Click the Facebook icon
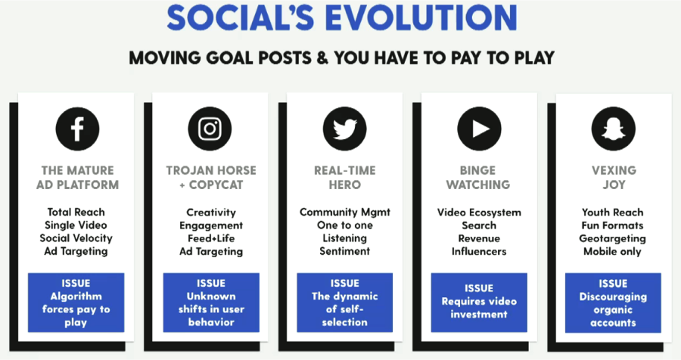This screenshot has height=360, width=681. [x=77, y=129]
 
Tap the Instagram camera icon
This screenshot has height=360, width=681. [x=210, y=129]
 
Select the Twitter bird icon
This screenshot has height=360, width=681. [x=344, y=129]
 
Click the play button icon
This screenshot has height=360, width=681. [x=479, y=129]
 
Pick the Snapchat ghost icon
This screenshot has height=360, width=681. [x=613, y=129]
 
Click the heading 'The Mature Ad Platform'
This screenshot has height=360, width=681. [x=77, y=178]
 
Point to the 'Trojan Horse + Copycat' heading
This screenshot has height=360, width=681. [x=211, y=178]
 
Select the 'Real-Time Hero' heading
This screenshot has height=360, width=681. [x=345, y=178]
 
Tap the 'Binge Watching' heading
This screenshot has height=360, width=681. [x=478, y=178]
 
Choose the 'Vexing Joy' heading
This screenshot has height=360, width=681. [x=614, y=178]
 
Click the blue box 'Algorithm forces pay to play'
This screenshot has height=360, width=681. [x=76, y=303]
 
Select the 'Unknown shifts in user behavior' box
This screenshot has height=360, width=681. [x=211, y=303]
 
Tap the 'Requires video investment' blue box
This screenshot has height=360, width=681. [x=479, y=303]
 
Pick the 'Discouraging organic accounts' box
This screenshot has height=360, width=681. [x=613, y=303]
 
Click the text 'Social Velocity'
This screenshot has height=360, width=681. [x=76, y=238]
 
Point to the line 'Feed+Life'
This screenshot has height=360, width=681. [x=211, y=238]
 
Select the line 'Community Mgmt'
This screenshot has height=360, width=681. [x=345, y=213]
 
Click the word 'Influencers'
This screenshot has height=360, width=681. [x=479, y=251]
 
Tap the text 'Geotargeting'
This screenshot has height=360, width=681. [x=612, y=239]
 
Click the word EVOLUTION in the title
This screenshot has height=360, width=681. [x=421, y=18]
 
